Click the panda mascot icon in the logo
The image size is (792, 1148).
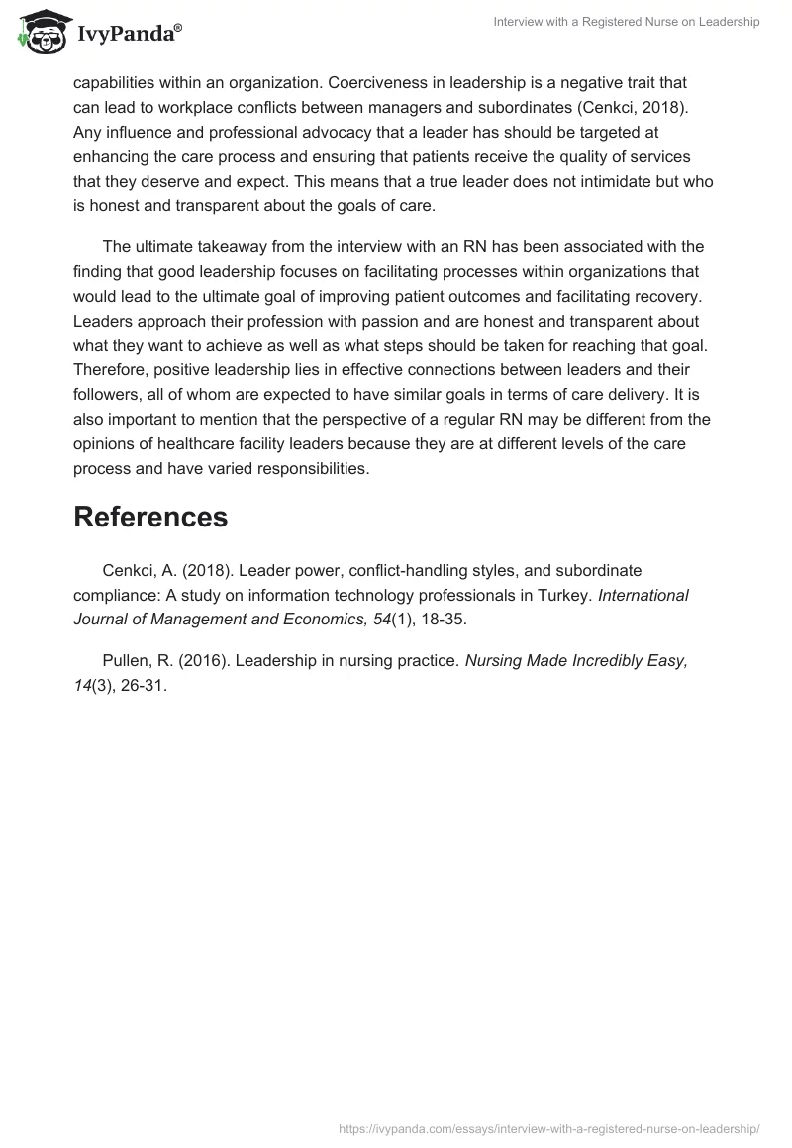coord(40,33)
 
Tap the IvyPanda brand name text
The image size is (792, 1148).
coord(127,35)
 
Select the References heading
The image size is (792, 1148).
coord(150,516)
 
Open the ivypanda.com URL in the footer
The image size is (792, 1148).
coord(548,1127)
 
